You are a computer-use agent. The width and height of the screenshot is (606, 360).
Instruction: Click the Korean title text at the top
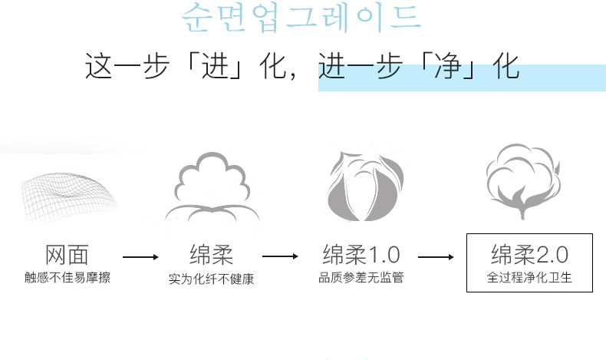click(x=301, y=18)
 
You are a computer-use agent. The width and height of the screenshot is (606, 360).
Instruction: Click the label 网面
click(x=68, y=255)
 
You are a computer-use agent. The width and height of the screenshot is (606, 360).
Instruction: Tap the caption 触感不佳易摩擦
click(x=68, y=277)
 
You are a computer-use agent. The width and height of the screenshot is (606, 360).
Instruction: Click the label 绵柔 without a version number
click(x=211, y=255)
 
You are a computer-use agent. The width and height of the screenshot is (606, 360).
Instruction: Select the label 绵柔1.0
click(x=361, y=255)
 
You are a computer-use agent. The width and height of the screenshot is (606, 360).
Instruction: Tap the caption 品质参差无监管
click(x=361, y=277)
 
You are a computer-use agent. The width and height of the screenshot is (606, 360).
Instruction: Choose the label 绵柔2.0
click(x=529, y=254)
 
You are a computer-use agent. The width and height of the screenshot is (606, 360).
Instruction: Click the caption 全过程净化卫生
click(x=529, y=277)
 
